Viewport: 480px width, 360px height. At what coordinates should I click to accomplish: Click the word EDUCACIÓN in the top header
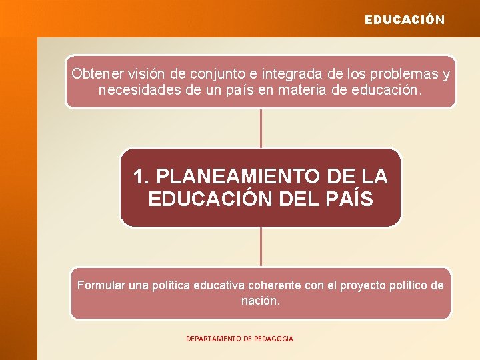(x=404, y=20)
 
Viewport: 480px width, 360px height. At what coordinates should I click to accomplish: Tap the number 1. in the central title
(x=141, y=177)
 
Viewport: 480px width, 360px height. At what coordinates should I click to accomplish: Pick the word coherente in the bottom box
(x=274, y=285)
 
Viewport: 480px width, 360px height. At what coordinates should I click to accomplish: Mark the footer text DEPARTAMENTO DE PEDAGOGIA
(x=239, y=339)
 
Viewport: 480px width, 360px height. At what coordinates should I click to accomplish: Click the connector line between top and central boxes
(x=261, y=128)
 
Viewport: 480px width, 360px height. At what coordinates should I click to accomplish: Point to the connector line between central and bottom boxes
(x=261, y=247)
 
